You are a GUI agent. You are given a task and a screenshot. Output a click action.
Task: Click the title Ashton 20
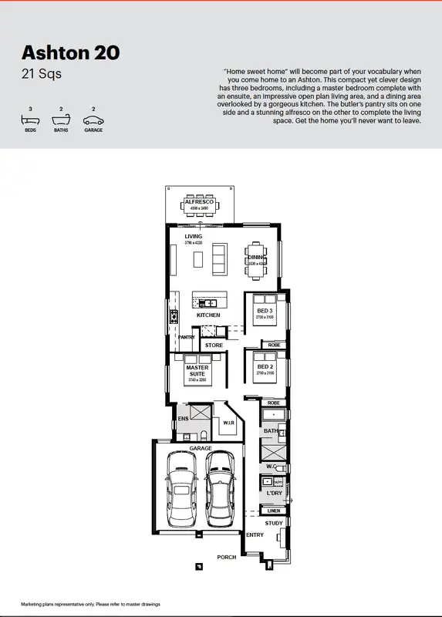[x=70, y=53]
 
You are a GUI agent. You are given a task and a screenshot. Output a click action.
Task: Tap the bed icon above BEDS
[x=30, y=120]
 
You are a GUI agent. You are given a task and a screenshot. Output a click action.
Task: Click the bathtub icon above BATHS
[x=61, y=120]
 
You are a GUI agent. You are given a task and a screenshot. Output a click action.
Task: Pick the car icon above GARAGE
[x=93, y=120]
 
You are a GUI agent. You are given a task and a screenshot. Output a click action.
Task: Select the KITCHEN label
[x=208, y=315]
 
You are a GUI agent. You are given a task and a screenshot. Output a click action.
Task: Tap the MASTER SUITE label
[x=197, y=371]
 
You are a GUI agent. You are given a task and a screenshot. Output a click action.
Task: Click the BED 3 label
[x=265, y=311]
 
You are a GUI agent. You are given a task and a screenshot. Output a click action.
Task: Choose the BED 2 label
[x=265, y=366]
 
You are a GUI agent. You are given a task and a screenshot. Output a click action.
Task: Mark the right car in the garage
[x=220, y=484]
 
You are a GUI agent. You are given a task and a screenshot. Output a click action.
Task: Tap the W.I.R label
[x=228, y=423]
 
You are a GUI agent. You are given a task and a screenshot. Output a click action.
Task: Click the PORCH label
[x=226, y=557]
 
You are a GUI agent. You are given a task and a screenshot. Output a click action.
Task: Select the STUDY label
[x=274, y=523]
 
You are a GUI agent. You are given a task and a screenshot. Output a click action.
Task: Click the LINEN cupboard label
[x=273, y=511]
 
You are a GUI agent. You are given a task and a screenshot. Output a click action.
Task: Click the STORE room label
[x=214, y=345]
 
